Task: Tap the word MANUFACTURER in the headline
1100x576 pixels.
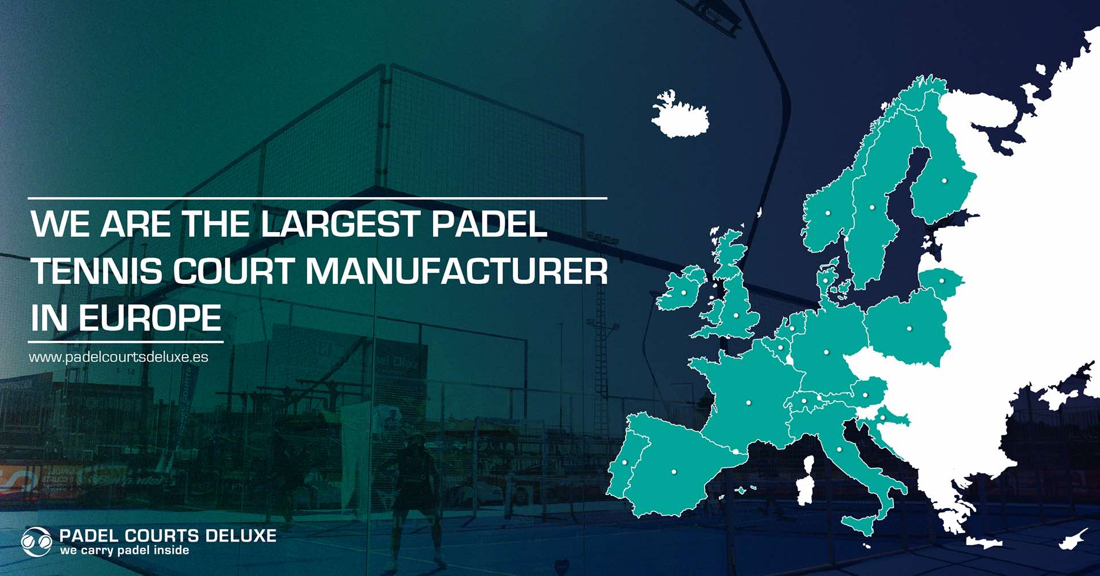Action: point(457,271)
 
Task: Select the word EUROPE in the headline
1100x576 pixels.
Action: point(150,318)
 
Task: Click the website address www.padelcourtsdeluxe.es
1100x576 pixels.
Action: point(119,357)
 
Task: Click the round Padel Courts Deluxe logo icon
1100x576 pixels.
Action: point(36,542)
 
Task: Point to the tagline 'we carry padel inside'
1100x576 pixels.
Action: point(124,550)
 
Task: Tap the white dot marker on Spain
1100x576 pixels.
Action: point(674,472)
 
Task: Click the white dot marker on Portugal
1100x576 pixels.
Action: point(624,462)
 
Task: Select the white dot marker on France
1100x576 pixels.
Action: point(748,403)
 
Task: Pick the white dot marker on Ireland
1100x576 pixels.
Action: point(683,293)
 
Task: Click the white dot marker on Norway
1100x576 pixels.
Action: point(827,213)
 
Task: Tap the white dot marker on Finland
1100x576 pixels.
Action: point(944,181)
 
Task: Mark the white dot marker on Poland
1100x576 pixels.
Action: point(909,328)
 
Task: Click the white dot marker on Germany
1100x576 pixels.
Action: point(826,352)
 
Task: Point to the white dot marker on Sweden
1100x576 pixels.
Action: point(872,207)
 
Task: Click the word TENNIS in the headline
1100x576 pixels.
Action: point(97,271)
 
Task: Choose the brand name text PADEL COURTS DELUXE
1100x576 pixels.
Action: point(168,536)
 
